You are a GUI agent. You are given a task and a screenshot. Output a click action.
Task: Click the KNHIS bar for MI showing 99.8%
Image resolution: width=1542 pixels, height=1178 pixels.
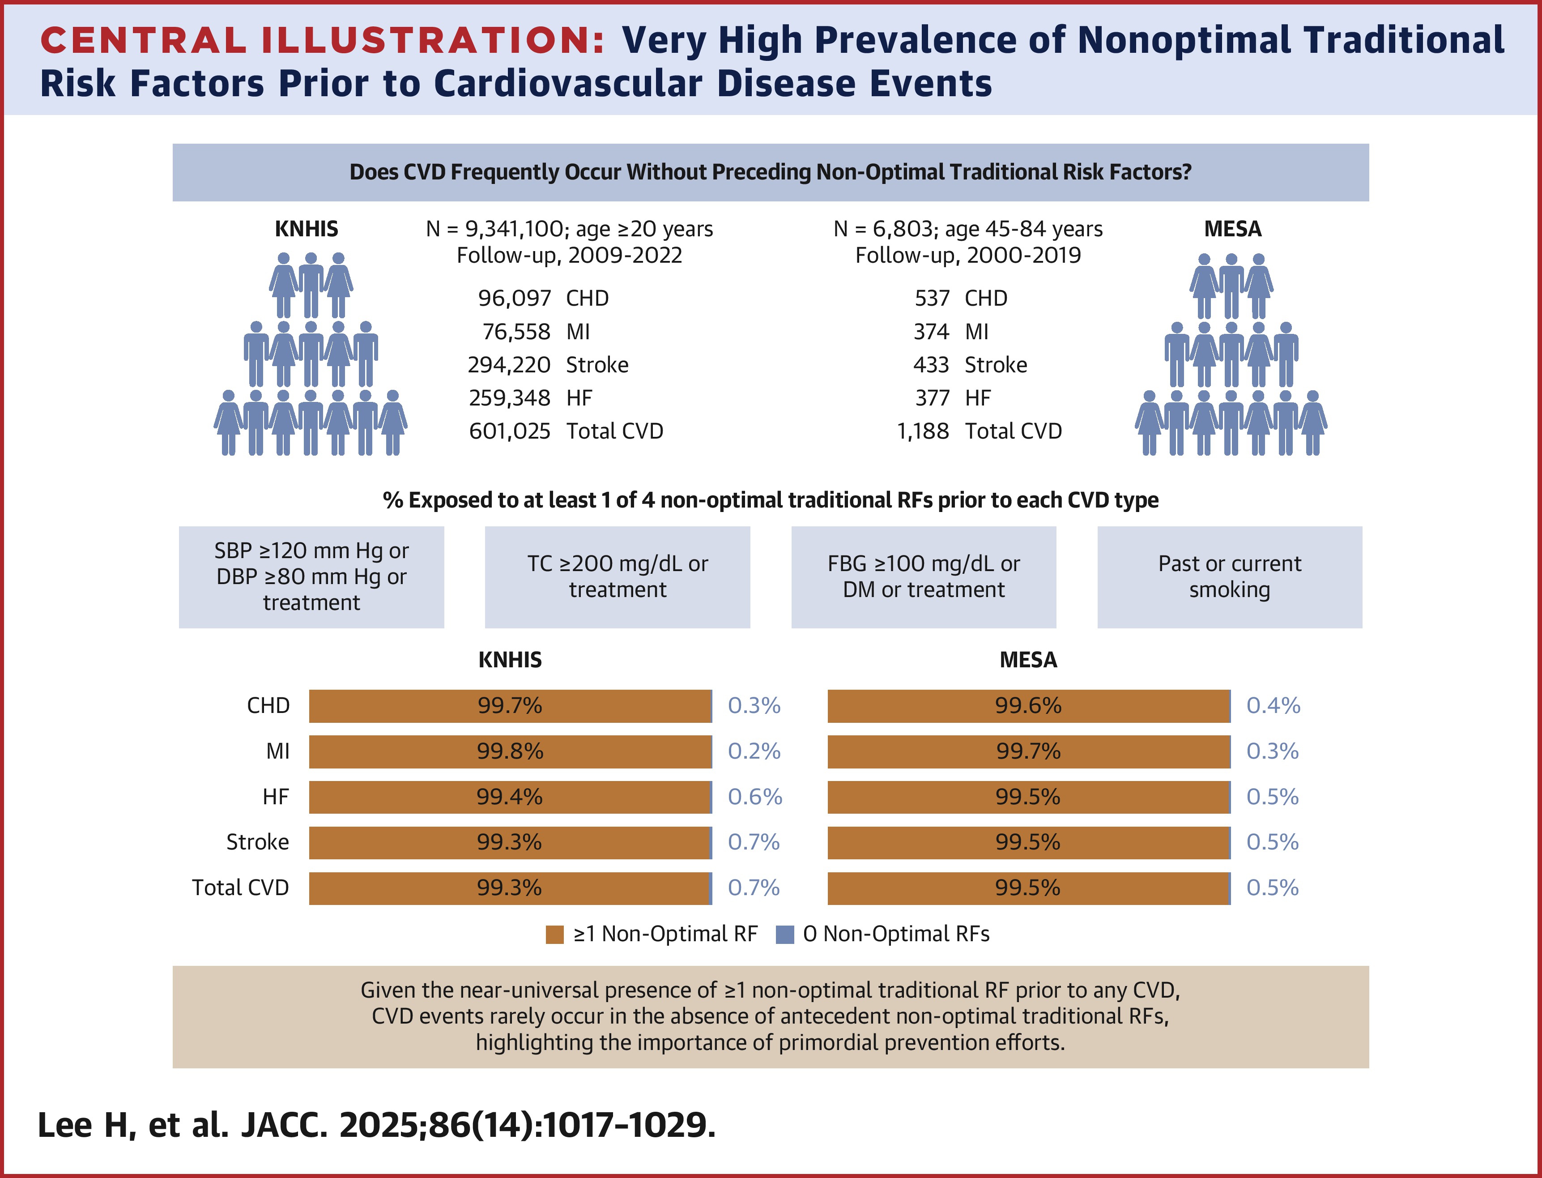coord(510,751)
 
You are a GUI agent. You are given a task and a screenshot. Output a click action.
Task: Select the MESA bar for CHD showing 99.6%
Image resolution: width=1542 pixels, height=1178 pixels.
coord(1028,705)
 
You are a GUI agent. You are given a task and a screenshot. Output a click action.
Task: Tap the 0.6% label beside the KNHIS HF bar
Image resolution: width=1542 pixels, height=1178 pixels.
coord(755,797)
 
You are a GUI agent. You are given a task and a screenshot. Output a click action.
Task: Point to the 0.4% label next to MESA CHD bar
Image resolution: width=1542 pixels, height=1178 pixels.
coord(1273,705)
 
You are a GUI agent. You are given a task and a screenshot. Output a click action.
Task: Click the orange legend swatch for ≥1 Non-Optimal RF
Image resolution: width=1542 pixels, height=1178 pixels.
coord(554,935)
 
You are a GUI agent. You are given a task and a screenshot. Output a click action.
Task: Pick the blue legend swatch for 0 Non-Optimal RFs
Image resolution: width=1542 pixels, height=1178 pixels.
coord(785,935)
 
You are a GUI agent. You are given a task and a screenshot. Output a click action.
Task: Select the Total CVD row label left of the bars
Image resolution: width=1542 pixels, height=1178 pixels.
coord(240,888)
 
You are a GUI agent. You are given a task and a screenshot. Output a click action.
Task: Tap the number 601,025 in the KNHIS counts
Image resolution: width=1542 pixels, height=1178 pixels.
coord(510,431)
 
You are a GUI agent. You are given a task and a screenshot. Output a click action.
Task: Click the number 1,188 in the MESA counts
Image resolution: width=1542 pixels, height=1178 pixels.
coord(922,431)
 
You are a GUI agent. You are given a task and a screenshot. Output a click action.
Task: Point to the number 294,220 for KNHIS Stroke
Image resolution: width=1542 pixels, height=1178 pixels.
coord(509,365)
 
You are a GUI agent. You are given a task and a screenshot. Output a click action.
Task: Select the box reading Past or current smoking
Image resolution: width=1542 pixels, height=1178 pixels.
coord(1229,576)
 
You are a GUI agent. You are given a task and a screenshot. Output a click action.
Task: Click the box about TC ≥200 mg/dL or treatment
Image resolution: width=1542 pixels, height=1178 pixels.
coord(618,576)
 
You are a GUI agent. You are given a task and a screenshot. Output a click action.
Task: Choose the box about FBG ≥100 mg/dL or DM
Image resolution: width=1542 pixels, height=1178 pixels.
coord(923,576)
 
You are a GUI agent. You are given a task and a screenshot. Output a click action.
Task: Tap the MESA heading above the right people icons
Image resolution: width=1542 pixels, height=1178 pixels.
coord(1232,229)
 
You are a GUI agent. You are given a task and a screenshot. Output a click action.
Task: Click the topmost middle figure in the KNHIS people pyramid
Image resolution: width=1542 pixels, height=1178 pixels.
coord(311,284)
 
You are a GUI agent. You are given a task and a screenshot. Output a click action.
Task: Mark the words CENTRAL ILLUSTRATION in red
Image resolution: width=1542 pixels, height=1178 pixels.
coord(323,40)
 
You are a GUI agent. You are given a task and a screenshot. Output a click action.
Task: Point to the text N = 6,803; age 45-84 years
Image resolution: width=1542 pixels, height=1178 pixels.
coord(968,229)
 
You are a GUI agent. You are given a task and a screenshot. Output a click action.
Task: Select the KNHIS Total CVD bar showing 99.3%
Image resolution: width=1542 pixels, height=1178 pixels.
coord(510,888)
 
